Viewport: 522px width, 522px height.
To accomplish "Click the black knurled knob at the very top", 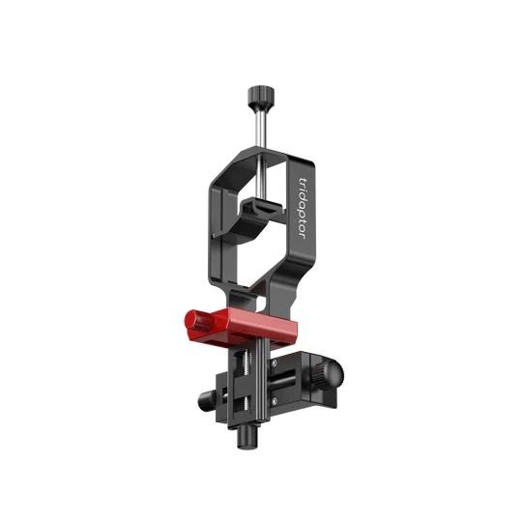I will click(260, 97).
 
